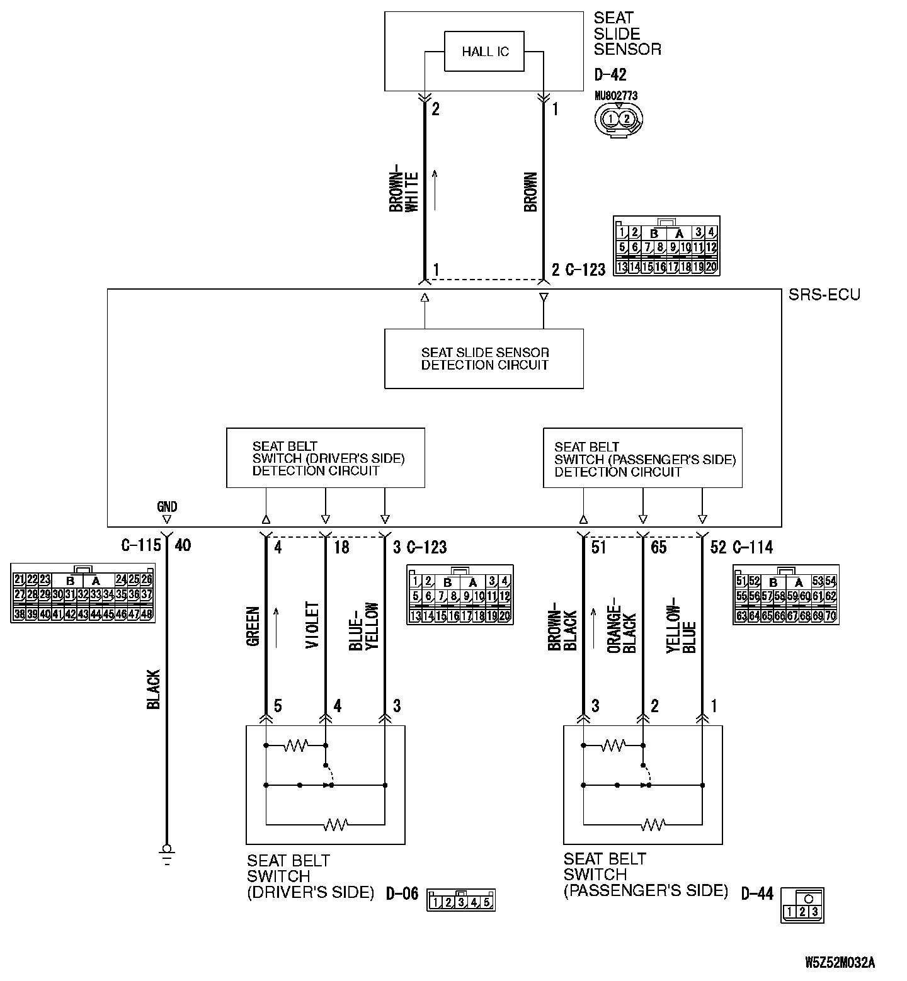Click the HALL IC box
[x=484, y=51]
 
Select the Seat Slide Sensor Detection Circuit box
[x=484, y=358]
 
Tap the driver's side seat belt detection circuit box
[x=325, y=458]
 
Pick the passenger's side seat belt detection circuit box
[x=642, y=458]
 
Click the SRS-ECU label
[x=824, y=295]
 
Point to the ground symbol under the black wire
[x=167, y=854]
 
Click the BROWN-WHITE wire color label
[x=404, y=191]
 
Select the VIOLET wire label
[x=313, y=625]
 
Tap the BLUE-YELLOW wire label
[x=364, y=627]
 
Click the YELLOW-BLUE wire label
[x=682, y=628]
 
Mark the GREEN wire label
[x=253, y=627]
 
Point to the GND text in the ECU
[x=167, y=506]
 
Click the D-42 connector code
[x=610, y=75]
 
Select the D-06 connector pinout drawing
[x=461, y=901]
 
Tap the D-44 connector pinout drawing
[x=802, y=905]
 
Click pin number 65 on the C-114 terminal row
[x=658, y=547]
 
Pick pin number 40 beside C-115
[x=183, y=545]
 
